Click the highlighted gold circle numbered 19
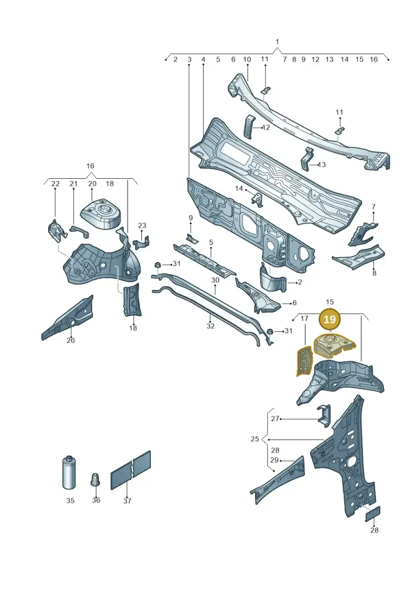point(330,319)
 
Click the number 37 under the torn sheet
point(127,501)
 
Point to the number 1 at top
point(277,41)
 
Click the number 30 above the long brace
point(215,280)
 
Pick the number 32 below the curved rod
point(211,326)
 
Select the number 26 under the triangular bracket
point(71,340)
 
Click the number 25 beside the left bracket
point(255,439)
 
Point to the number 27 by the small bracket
point(275,418)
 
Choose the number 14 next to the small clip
point(239,188)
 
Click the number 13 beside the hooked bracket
point(322,165)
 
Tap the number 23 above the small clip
point(142,225)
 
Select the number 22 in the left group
point(56,184)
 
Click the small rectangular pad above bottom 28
point(372,514)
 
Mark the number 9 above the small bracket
point(191,218)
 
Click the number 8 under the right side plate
point(374,273)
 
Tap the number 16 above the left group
point(90,166)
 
